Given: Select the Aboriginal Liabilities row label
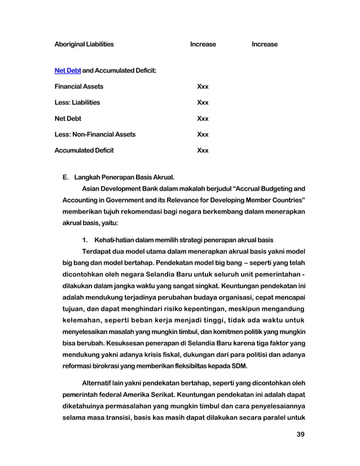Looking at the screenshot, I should (x=84, y=44).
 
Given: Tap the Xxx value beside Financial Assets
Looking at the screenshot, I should (x=203, y=87).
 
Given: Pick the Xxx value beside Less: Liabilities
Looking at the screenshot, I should (x=203, y=103).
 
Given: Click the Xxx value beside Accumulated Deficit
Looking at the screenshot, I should (x=203, y=151).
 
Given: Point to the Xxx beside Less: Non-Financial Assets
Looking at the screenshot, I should (x=203, y=135).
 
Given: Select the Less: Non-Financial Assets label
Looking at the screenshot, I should (x=95, y=135).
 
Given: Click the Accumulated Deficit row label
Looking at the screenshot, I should (x=84, y=151).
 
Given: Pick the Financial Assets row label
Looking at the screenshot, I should (x=78, y=87).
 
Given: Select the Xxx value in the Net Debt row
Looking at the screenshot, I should (x=203, y=119).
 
